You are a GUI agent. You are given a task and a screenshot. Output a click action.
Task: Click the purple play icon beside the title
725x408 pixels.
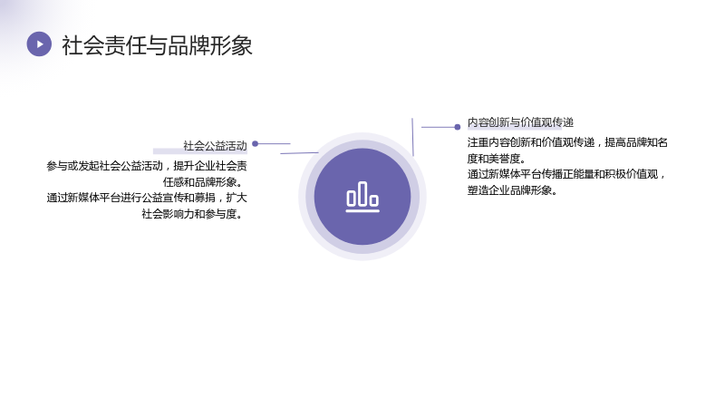[39, 44]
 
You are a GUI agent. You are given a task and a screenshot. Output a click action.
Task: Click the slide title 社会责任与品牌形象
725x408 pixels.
[157, 45]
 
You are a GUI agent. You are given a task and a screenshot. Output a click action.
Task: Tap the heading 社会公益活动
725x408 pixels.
[215, 146]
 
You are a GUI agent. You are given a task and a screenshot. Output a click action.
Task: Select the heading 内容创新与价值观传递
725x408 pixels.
[520, 122]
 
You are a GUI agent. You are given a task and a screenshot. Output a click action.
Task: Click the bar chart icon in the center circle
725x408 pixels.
[362, 197]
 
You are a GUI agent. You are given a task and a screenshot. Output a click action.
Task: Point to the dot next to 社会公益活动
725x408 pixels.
[255, 144]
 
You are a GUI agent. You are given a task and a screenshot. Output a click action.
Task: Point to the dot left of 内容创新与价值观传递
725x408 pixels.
[458, 127]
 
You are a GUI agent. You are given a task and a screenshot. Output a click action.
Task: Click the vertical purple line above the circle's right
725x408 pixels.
[412, 137]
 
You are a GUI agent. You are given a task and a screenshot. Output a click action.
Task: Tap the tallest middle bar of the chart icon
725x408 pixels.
[362, 193]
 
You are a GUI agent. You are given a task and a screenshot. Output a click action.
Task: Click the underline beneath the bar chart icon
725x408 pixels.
[362, 211]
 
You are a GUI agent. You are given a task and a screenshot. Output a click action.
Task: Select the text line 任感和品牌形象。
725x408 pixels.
[203, 182]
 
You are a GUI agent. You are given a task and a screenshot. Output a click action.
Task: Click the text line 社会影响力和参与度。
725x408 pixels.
[193, 214]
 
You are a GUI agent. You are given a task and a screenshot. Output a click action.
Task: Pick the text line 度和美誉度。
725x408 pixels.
[497, 158]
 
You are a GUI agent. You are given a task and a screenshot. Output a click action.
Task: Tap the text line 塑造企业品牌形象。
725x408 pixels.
[512, 190]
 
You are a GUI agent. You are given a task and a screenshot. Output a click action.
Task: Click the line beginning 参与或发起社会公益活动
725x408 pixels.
[147, 166]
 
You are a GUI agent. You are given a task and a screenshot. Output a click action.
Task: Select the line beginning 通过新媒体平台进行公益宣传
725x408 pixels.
[147, 198]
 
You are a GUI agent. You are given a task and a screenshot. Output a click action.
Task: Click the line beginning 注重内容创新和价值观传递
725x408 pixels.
[567, 142]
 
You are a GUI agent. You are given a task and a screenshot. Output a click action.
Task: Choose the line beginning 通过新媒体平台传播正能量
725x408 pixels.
[566, 174]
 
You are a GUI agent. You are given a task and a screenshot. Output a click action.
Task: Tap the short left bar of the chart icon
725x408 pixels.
[351, 198]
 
